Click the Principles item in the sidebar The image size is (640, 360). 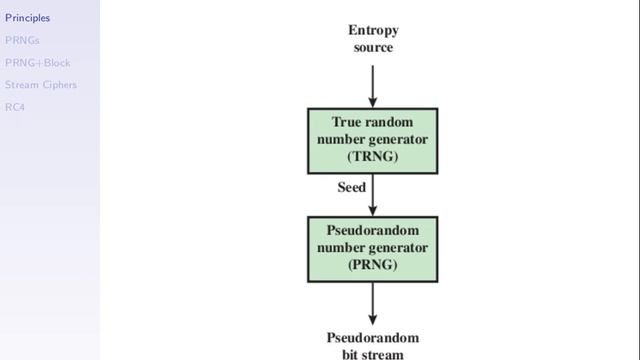point(27,18)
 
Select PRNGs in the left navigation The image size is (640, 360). point(22,40)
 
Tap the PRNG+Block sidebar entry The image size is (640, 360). point(38,63)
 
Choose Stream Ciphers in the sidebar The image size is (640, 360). point(41,85)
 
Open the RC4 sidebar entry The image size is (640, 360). point(15,107)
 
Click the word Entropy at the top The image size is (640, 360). point(373,31)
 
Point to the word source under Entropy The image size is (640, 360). point(373,47)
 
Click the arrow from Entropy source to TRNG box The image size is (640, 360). point(373,86)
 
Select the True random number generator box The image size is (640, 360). point(373,141)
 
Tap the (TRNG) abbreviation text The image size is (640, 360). point(373,156)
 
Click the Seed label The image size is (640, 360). point(352,187)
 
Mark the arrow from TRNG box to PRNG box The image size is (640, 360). point(373,195)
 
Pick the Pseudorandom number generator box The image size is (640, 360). point(373,249)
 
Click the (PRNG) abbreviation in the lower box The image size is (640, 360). point(373,264)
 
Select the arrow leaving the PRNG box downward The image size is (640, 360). point(373,304)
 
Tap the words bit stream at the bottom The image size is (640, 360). point(373,354)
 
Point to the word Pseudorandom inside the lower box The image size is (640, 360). point(373,231)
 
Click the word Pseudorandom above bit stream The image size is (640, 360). point(373,338)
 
